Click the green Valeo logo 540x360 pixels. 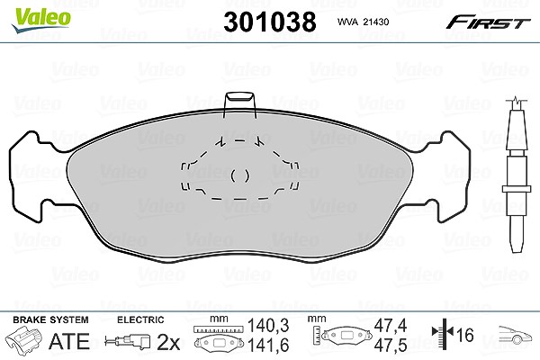click(41, 21)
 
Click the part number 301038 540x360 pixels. click(270, 22)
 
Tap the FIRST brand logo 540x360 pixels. click(488, 22)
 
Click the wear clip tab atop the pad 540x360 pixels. click(240, 103)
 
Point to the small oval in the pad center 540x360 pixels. click(239, 176)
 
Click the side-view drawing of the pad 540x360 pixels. click(516, 175)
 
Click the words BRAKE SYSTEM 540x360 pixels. click(50, 319)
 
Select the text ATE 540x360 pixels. click(69, 341)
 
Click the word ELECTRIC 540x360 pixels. click(140, 319)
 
